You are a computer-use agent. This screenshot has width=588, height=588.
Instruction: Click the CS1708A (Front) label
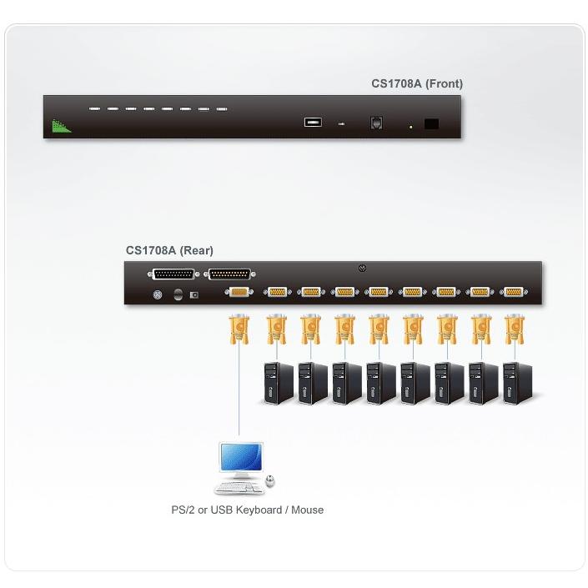coord(417,83)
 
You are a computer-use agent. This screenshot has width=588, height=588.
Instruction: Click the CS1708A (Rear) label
coord(169,250)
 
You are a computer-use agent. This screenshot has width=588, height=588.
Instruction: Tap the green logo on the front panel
coord(61,126)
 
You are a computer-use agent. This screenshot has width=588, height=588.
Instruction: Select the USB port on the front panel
coord(313,123)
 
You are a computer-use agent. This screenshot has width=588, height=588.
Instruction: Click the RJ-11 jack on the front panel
coord(376,123)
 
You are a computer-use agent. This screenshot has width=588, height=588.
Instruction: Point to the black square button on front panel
coord(431,123)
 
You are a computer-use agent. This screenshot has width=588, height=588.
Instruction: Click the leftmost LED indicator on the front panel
coord(94,108)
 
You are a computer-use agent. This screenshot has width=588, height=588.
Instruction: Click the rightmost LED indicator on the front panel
coord(222,109)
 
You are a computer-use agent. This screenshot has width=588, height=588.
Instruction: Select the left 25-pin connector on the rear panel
coord(173,274)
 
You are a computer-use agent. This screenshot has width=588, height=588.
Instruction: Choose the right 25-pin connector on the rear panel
coord(229,274)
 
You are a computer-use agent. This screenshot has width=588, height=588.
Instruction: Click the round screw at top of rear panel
coord(362,269)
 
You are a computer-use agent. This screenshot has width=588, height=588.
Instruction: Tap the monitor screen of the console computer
coord(241,456)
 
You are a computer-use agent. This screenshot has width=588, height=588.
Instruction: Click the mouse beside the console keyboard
coord(270,480)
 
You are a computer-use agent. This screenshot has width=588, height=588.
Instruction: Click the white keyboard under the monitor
coord(239,488)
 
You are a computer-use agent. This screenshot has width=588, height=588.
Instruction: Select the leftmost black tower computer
coord(278,383)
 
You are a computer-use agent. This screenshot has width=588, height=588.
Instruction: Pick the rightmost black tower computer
coord(517,383)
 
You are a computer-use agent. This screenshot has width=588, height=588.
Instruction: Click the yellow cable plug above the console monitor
coord(239,329)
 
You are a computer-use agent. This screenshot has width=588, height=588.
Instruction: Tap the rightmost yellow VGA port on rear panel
coord(514,292)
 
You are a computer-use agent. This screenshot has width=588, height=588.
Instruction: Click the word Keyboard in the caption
coord(259,510)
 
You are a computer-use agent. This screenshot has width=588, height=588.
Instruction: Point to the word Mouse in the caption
coord(307,510)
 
